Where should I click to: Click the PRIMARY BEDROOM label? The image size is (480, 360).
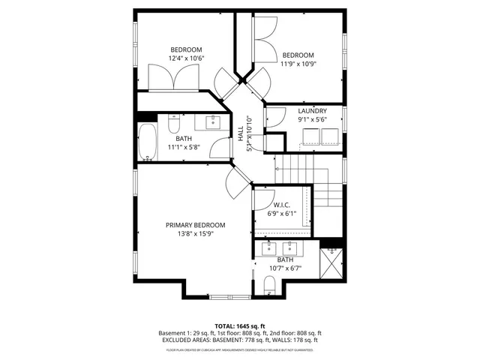point(195,224)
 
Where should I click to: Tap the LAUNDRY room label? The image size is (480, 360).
point(312,110)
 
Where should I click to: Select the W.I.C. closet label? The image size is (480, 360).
point(282,204)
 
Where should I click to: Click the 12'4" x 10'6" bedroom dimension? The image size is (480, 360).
point(186,58)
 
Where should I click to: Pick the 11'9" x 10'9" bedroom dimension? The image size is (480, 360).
point(298,64)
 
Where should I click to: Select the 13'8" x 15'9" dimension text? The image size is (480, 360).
point(195,233)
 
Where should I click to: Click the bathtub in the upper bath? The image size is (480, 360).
point(146,142)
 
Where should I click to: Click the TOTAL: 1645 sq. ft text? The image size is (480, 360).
point(240,327)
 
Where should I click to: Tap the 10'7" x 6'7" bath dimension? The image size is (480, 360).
point(284,268)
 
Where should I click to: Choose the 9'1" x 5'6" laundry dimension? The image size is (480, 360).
point(312,118)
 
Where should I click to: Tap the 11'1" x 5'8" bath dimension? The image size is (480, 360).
point(184,148)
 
